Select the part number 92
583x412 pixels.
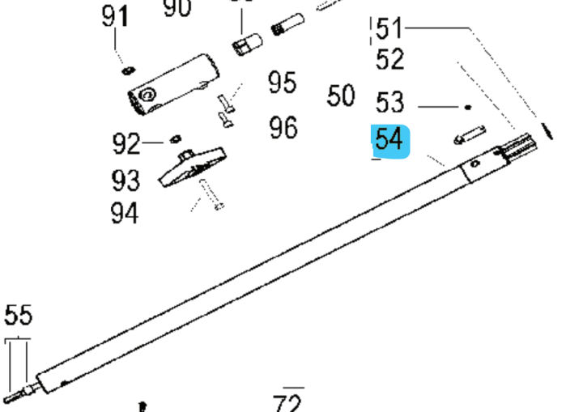pyautogui.click(x=126, y=144)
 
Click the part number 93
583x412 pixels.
pyautogui.click(x=125, y=179)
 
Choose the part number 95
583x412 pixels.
pyautogui.click(x=283, y=83)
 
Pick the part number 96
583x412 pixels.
pyautogui.click(x=283, y=127)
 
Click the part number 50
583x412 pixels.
pyautogui.click(x=341, y=96)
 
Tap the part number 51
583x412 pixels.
pyautogui.click(x=389, y=30)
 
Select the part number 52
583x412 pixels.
pyautogui.click(x=389, y=59)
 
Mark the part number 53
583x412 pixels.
pyautogui.click(x=389, y=103)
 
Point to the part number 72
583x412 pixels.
pyautogui.click(x=287, y=402)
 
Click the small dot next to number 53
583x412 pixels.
pyautogui.click(x=468, y=106)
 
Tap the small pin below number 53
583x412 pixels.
pyautogui.click(x=470, y=134)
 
